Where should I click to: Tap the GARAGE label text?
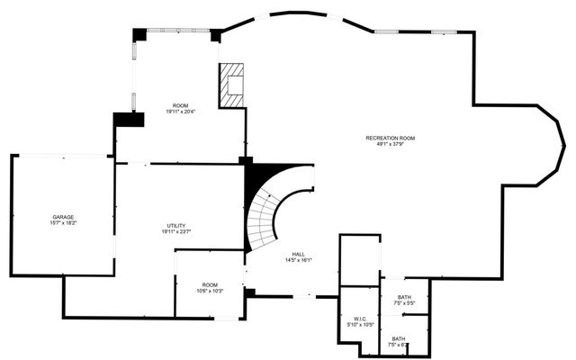[63, 217]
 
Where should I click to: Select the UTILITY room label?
[176, 225]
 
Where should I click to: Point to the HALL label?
[298, 254]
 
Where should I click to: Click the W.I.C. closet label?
[359, 318]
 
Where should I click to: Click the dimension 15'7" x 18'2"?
[63, 223]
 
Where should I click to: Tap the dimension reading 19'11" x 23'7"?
[176, 231]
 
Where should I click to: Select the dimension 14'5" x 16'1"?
[298, 260]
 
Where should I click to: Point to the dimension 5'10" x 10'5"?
[359, 324]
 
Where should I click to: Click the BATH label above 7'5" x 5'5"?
[404, 297]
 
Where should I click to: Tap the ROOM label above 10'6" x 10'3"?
[210, 284]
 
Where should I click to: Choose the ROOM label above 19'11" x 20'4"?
[181, 105]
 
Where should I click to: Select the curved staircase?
[269, 216]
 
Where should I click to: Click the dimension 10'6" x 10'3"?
[210, 291]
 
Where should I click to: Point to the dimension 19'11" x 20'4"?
[181, 112]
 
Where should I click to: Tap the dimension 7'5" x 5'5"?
[404, 303]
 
